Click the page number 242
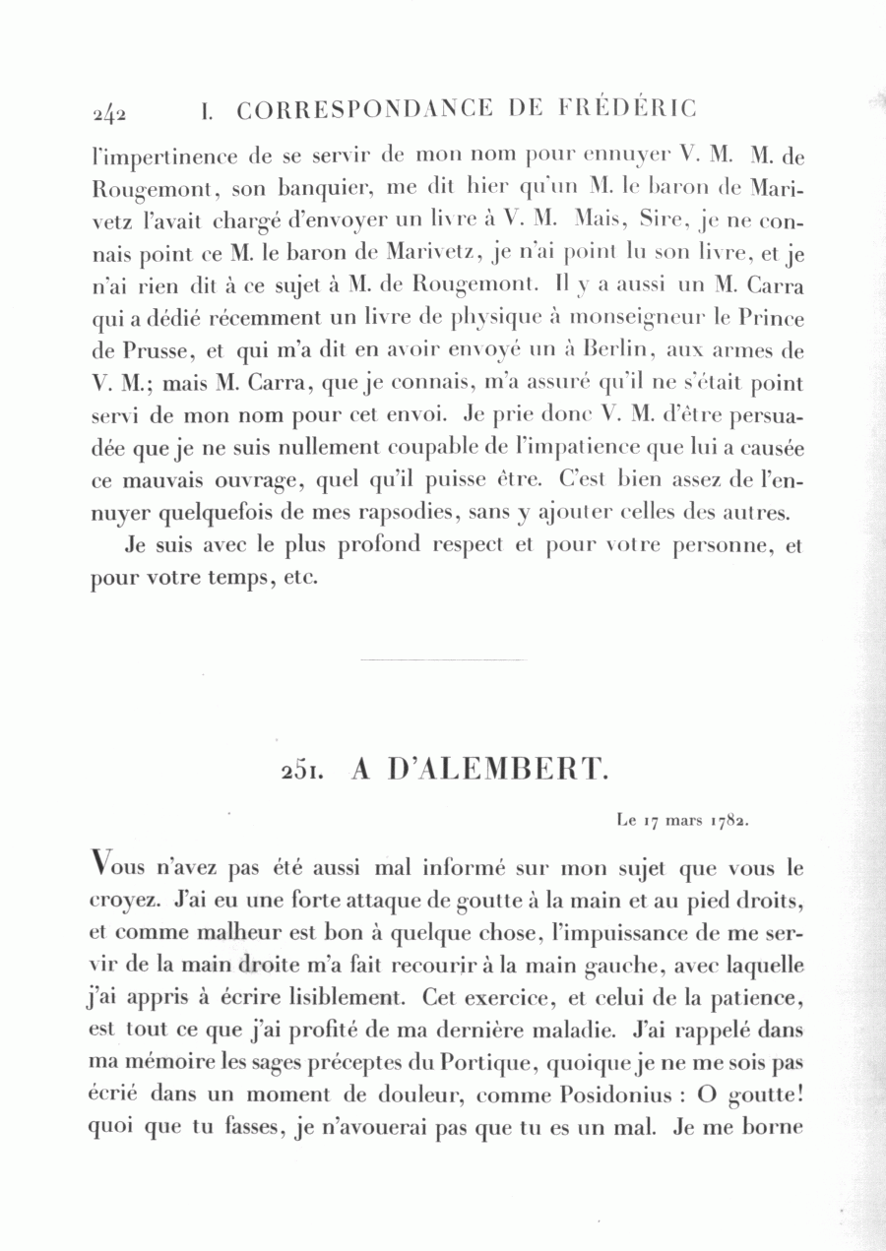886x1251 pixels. click(x=109, y=112)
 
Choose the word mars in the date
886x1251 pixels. click(x=675, y=818)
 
